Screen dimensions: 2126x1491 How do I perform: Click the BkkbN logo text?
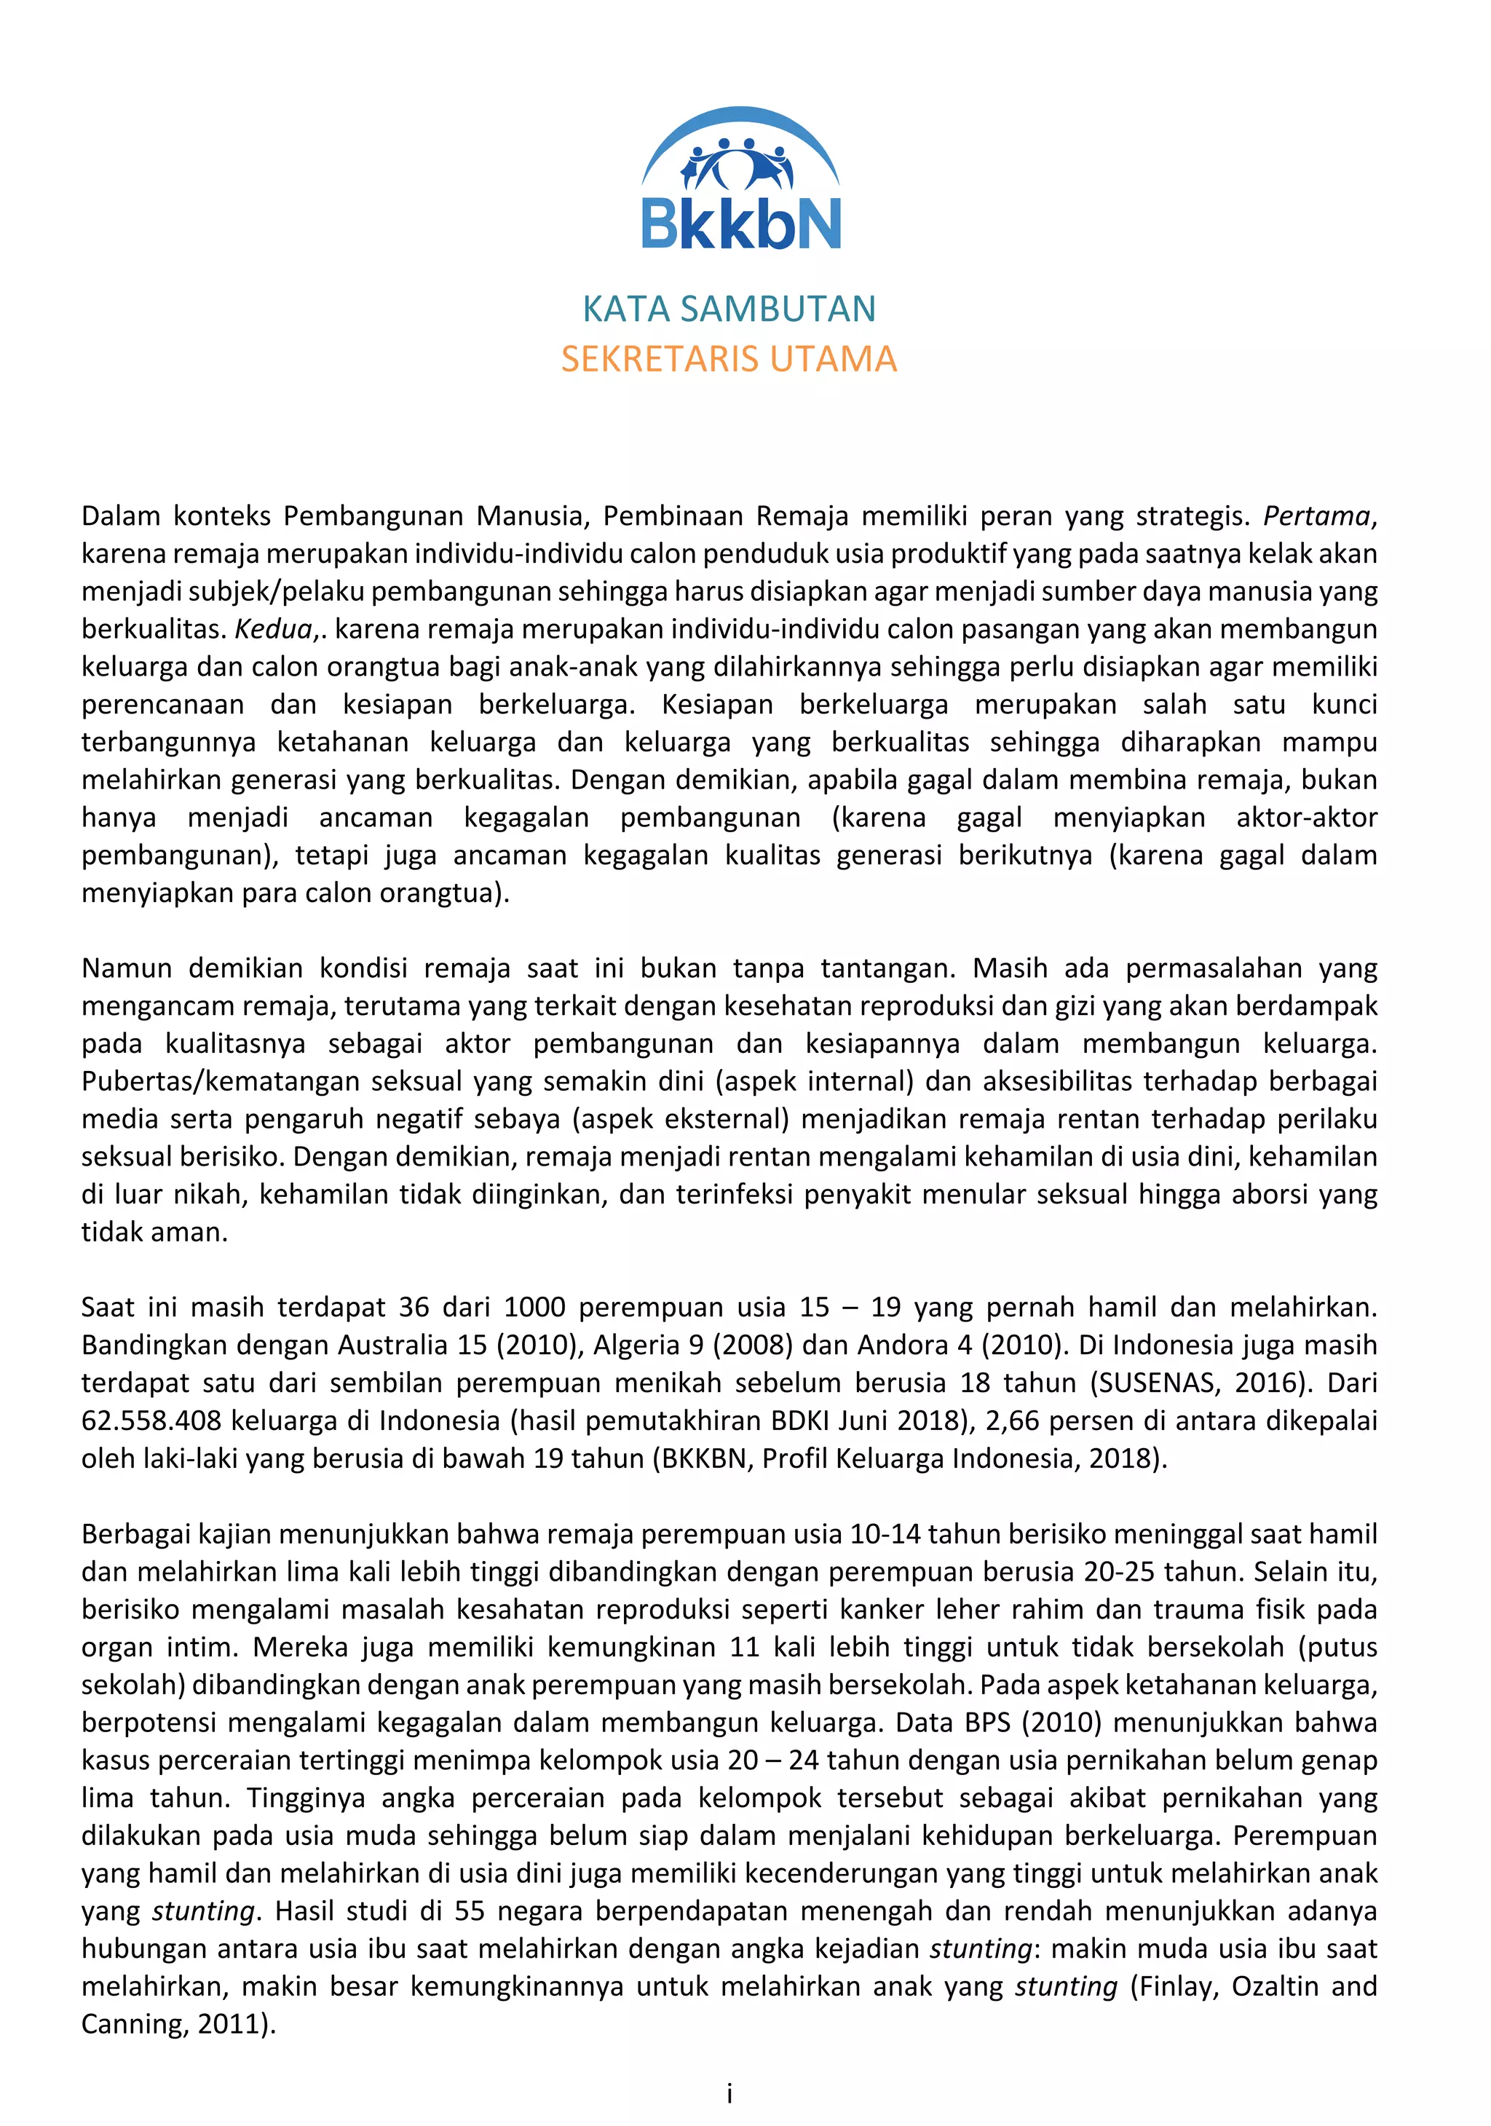[741, 224]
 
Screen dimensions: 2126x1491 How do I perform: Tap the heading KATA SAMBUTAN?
[729, 309]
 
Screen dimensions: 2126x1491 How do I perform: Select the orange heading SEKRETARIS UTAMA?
[729, 359]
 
